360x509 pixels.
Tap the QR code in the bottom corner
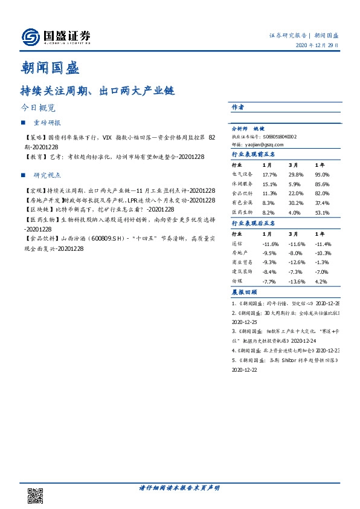point(36,495)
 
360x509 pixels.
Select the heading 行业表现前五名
point(254,155)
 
